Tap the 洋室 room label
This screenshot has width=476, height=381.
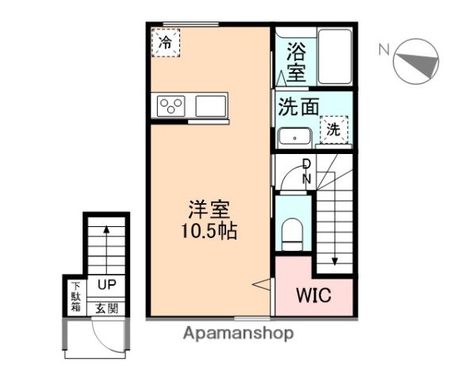point(209,212)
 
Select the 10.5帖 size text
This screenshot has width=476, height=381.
point(209,233)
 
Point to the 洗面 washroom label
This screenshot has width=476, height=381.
point(299,106)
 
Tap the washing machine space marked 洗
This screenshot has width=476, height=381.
point(333,129)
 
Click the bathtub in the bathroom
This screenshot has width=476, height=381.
point(334,57)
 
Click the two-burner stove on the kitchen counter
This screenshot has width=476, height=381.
point(171,106)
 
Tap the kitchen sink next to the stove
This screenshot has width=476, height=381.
point(210,106)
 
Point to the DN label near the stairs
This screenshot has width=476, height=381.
point(306,171)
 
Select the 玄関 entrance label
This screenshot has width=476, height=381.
point(107,307)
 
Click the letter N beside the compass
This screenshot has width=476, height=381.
point(384,49)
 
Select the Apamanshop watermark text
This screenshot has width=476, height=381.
point(238,333)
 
